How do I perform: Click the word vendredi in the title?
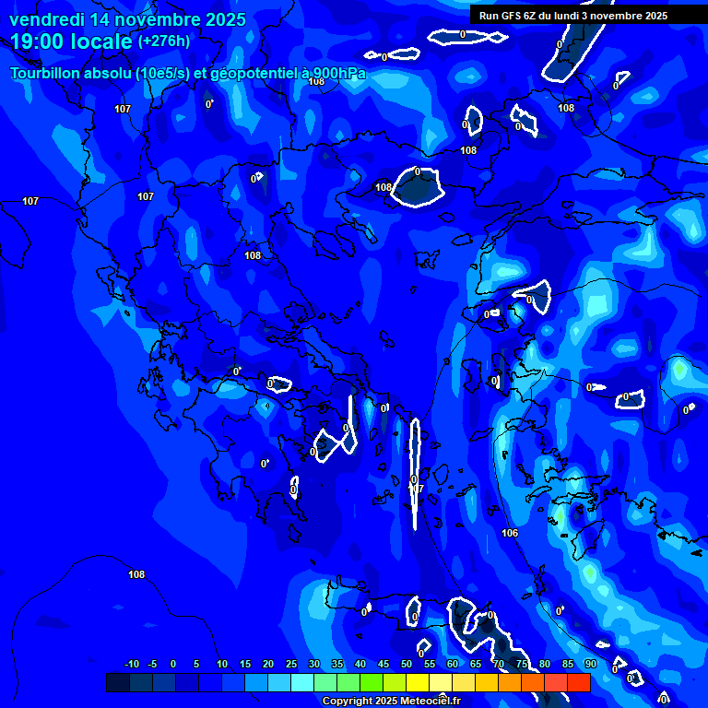click(47, 19)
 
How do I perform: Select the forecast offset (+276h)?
click(163, 41)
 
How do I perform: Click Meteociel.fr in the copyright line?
click(431, 702)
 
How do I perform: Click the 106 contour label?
click(510, 533)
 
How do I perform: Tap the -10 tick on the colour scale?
click(131, 664)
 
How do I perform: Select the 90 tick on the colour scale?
click(590, 664)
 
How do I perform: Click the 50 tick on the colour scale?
click(407, 664)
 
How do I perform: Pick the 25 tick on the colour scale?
click(291, 664)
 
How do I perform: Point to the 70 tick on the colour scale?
click(499, 664)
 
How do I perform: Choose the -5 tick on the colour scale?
click(152, 664)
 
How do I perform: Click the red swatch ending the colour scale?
click(578, 682)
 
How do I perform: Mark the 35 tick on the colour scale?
click(337, 664)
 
